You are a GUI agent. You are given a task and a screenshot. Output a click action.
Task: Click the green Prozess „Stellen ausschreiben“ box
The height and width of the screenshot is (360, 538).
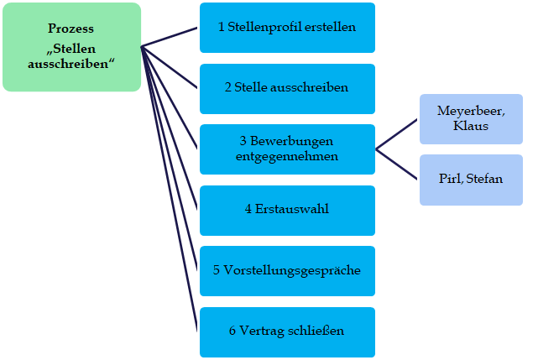pyautogui.click(x=71, y=47)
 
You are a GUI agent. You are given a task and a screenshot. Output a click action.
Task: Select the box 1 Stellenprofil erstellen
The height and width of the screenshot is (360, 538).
pyautogui.click(x=287, y=28)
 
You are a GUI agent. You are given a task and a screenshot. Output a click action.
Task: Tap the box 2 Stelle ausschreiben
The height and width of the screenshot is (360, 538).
pyautogui.click(x=287, y=88)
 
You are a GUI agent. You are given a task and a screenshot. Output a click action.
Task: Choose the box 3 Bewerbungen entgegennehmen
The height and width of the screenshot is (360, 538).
pyautogui.click(x=287, y=149)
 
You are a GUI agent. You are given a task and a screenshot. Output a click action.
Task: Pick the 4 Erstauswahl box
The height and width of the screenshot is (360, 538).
pyautogui.click(x=287, y=210)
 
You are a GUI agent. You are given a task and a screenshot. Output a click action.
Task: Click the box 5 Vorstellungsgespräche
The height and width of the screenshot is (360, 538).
pyautogui.click(x=287, y=270)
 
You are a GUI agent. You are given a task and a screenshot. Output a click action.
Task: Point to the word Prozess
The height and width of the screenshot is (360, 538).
pyautogui.click(x=71, y=29)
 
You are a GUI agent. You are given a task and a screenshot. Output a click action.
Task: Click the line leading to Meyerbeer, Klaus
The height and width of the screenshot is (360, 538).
pyautogui.click(x=397, y=133)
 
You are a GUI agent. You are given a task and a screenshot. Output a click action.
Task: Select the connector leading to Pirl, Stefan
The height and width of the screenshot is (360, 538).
pyautogui.click(x=397, y=164)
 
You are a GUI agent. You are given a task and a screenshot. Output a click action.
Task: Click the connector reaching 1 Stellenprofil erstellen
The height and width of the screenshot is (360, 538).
pyautogui.click(x=170, y=36)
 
